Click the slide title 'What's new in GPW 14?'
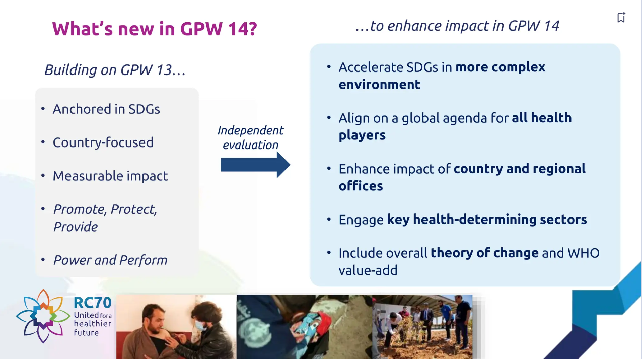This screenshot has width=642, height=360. [154, 29]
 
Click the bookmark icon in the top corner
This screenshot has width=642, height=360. [621, 18]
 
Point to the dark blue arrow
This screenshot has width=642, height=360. [255, 165]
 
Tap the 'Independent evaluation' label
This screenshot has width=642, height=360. [250, 137]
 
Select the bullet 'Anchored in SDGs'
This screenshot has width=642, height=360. [106, 109]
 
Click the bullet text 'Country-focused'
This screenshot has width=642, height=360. [103, 142]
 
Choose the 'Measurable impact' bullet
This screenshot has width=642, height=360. [110, 176]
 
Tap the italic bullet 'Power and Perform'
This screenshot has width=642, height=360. [110, 260]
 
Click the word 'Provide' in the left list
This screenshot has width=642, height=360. [76, 227]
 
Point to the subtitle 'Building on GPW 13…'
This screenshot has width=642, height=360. [115, 69]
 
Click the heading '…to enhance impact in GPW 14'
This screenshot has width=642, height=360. [457, 26]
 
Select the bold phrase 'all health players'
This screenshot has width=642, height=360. [541, 118]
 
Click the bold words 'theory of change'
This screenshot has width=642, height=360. [484, 253]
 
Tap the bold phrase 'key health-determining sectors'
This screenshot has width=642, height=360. [486, 220]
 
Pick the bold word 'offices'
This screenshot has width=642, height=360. [361, 186]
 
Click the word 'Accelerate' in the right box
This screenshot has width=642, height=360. [371, 67]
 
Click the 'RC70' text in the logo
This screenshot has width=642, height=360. [92, 302]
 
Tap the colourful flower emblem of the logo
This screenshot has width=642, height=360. [43, 316]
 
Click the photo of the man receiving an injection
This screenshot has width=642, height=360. [176, 326]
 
